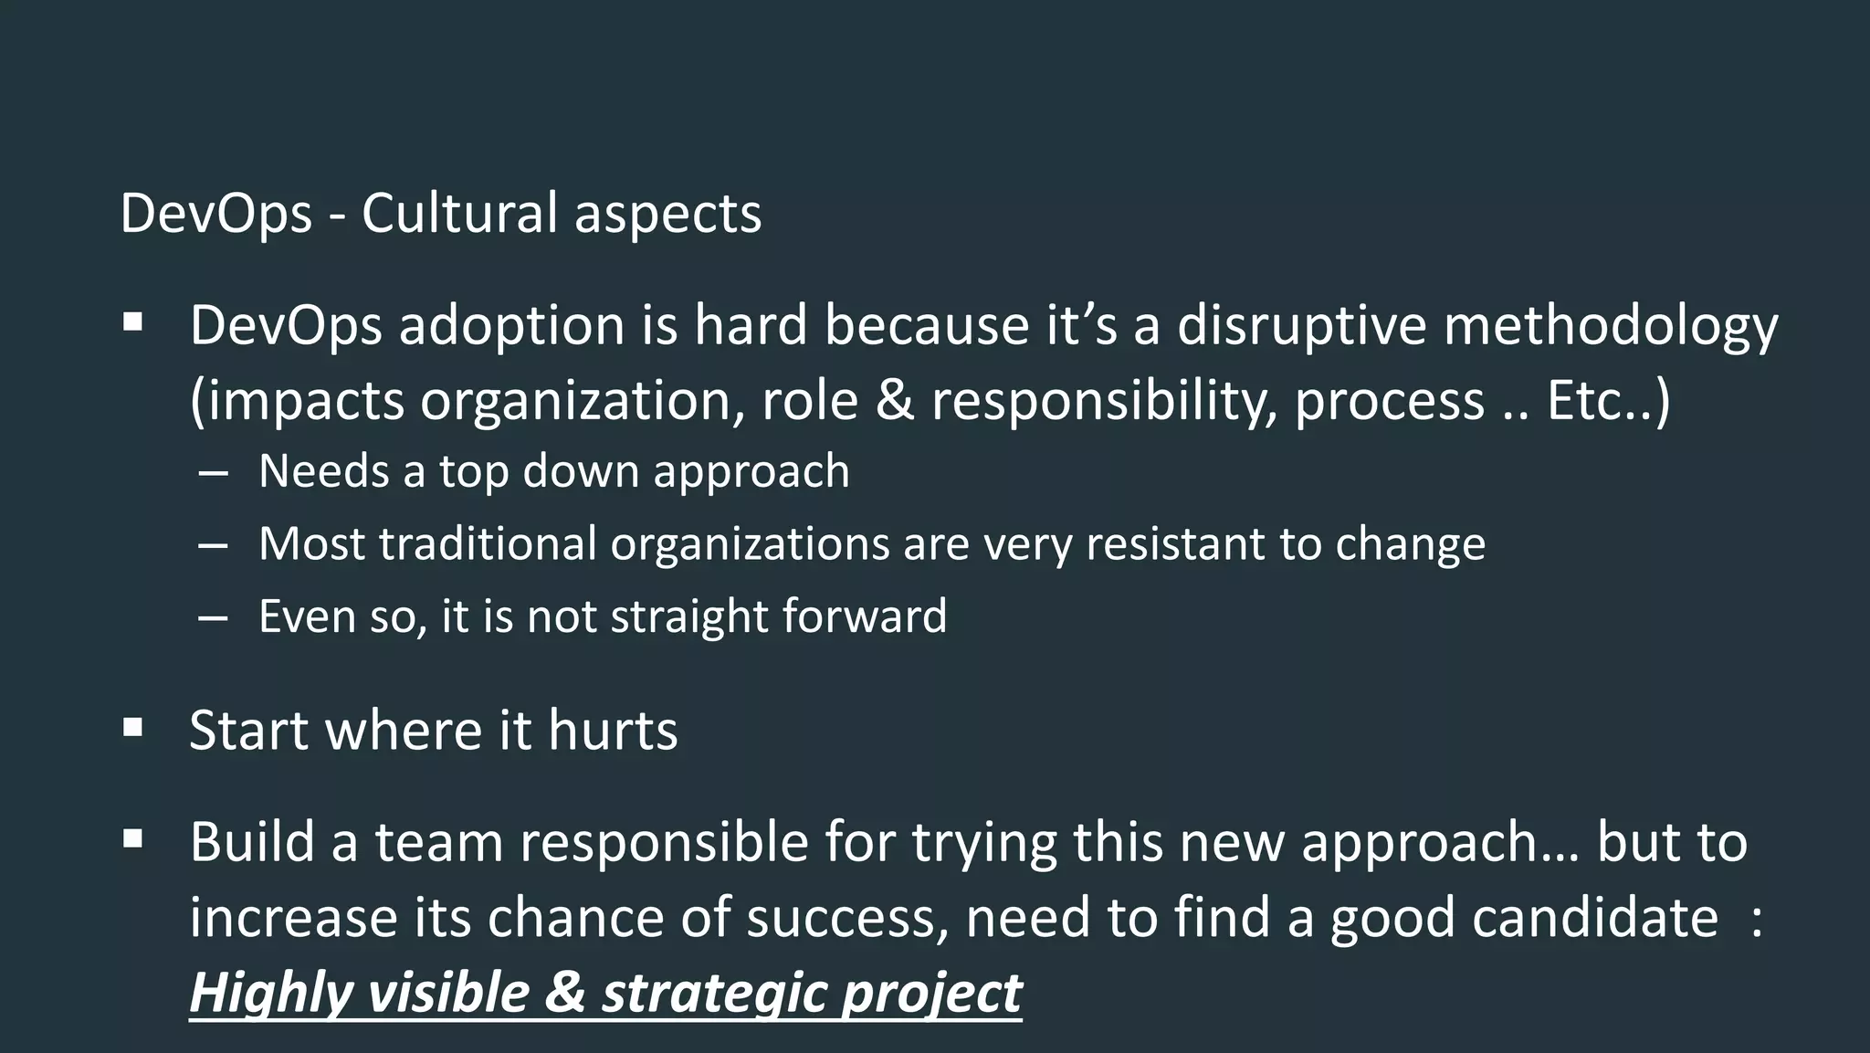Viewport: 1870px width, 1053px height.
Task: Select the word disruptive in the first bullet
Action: (x=1301, y=325)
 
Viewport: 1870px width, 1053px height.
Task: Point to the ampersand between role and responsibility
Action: (x=894, y=400)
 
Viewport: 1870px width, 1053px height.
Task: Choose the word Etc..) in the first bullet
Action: (x=1608, y=400)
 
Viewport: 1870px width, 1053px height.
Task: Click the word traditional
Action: (x=488, y=543)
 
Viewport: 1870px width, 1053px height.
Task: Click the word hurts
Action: (x=613, y=731)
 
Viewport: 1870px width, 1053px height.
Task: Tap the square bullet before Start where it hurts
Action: (x=133, y=728)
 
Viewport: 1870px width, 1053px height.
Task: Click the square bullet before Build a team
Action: (x=133, y=838)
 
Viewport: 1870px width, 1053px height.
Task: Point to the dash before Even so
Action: (x=212, y=617)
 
